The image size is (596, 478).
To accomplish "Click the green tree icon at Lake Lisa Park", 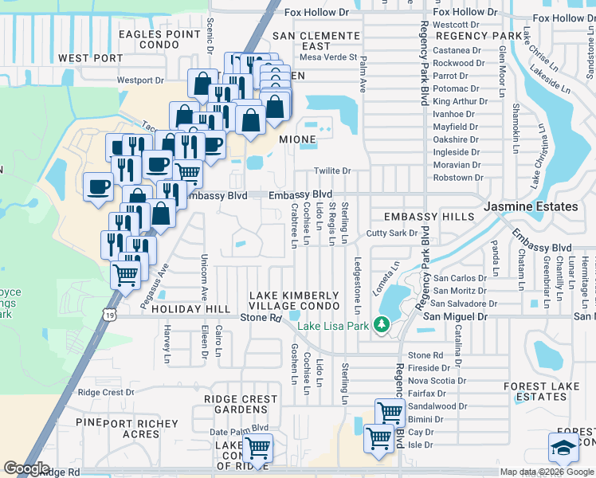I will pos(382,324).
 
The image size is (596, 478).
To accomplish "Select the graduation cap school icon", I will pos(563,447).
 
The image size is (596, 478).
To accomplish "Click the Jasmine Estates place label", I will pos(531,206).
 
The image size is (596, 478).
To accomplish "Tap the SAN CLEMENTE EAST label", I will pos(316,41).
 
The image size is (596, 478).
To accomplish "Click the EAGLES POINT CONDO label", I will pos(159,40).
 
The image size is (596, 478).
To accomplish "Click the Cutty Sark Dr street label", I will pos(392,233).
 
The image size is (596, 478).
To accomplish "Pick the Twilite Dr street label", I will pos(332,170).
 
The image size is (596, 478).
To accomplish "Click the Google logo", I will pos(26,468).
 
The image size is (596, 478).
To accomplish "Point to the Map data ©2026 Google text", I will pos(546,472).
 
